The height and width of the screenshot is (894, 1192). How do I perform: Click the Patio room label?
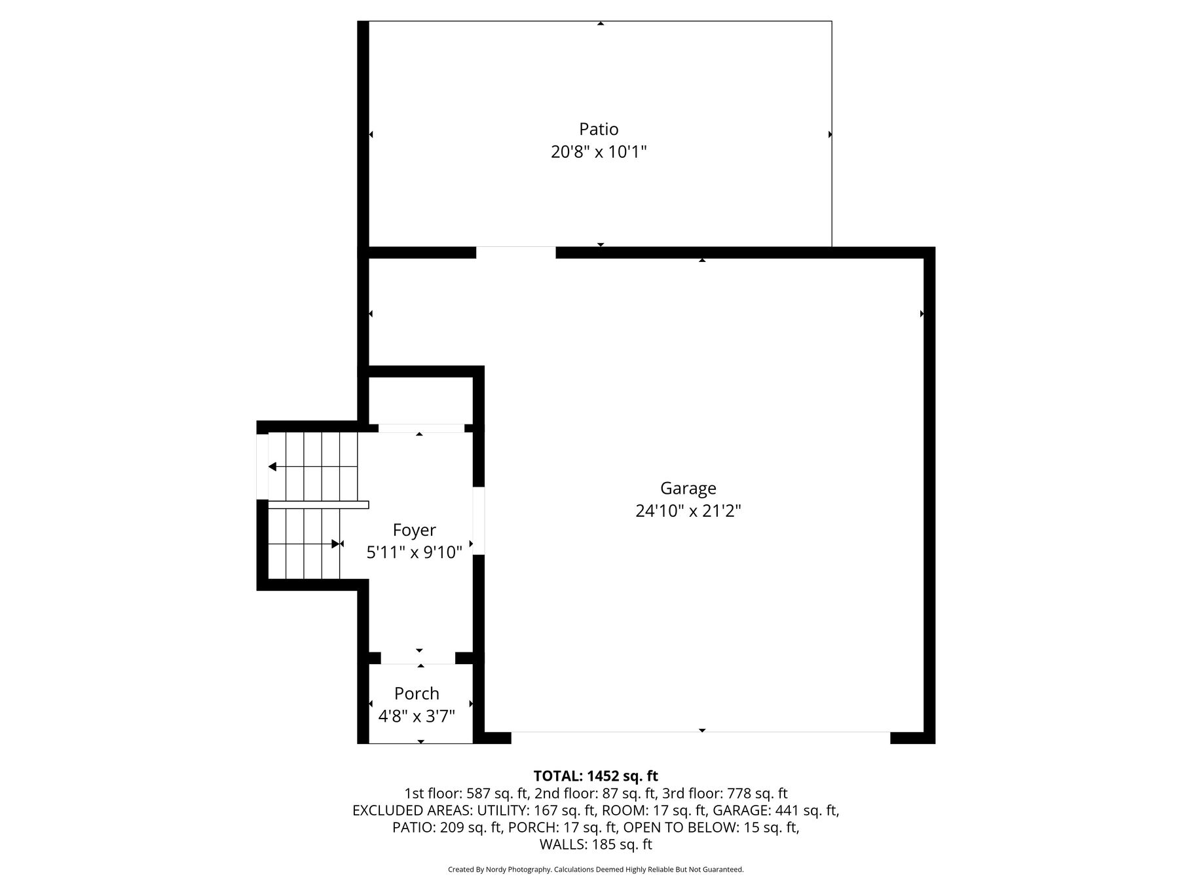[x=599, y=129]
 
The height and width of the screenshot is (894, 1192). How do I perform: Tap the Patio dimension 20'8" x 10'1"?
[x=599, y=153]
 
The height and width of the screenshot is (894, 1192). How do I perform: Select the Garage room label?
[x=688, y=489]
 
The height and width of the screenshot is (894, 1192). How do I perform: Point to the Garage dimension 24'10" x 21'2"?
[x=688, y=511]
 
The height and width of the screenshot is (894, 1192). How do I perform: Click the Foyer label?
[x=414, y=530]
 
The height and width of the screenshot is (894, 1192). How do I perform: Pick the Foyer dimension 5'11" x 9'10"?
[x=414, y=553]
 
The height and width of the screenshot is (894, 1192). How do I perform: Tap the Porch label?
[x=417, y=694]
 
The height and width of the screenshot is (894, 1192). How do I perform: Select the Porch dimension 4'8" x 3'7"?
[x=417, y=716]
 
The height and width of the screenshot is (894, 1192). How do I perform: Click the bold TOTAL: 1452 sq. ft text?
[x=596, y=776]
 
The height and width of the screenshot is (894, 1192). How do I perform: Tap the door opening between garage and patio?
[x=515, y=253]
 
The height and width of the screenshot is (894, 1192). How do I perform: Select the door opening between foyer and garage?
[x=479, y=521]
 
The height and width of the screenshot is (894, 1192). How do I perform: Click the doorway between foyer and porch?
[x=418, y=658]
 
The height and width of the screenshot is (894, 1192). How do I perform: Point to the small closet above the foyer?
[x=420, y=401]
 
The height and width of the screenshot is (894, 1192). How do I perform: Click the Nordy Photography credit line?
[x=596, y=870]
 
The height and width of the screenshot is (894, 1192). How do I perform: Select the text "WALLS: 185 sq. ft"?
[x=596, y=845]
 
